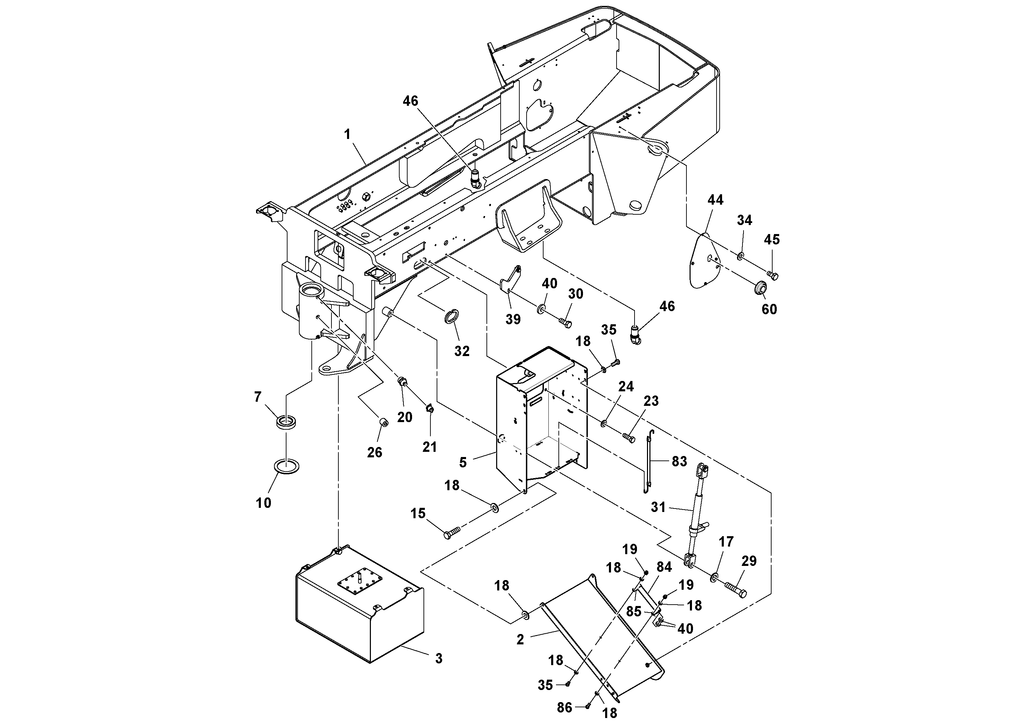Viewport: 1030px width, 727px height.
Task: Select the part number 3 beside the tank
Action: point(438,659)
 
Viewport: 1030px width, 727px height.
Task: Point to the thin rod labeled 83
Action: point(648,462)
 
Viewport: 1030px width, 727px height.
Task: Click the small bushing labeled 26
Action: point(383,423)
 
